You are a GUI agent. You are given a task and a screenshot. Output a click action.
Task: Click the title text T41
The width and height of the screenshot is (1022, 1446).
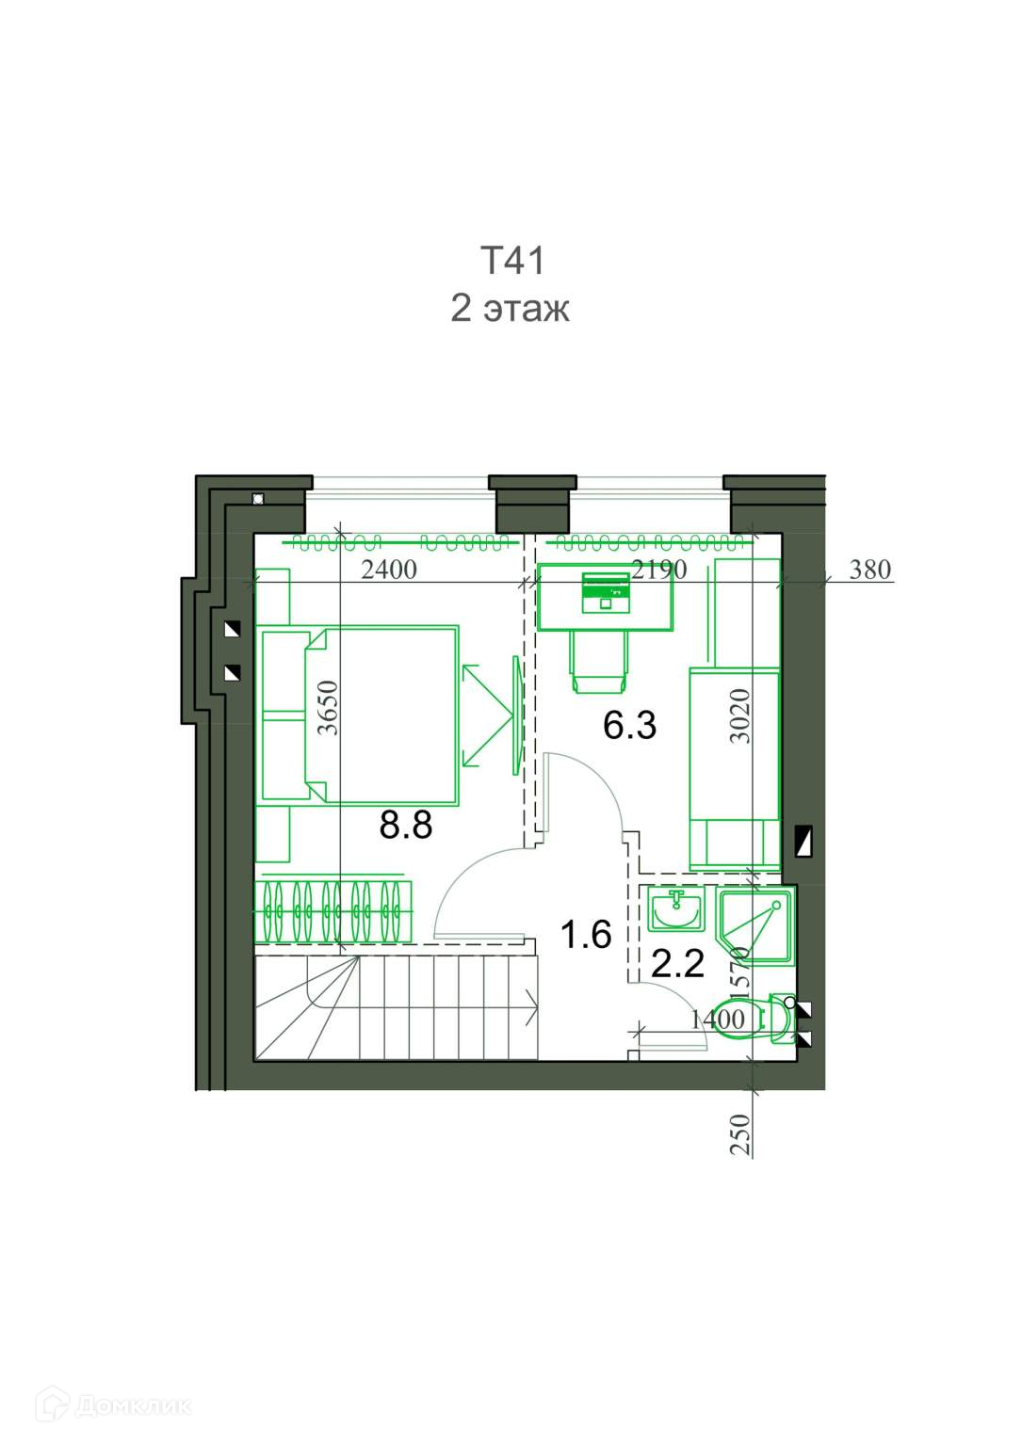tap(512, 261)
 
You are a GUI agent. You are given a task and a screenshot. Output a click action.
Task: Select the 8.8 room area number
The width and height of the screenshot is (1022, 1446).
tap(405, 825)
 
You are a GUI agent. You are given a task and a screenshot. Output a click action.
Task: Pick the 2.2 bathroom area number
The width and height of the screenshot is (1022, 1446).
tap(677, 964)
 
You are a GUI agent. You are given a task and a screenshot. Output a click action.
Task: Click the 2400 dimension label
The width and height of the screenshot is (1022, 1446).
tap(388, 570)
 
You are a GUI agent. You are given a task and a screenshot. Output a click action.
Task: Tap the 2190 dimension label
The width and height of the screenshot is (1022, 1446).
tap(659, 570)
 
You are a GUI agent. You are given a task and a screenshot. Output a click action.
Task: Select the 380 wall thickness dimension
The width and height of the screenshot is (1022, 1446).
tap(869, 570)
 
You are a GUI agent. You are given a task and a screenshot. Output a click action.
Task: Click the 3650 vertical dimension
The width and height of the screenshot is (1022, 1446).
tap(329, 708)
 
